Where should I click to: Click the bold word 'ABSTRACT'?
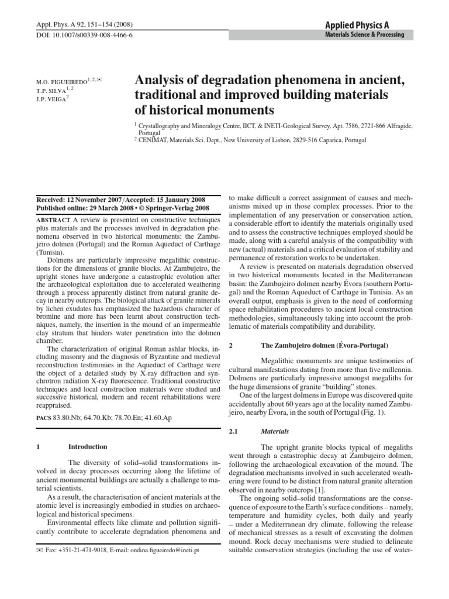pyautogui.click(x=53, y=218)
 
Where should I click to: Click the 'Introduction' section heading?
pyautogui.click(x=88, y=447)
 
